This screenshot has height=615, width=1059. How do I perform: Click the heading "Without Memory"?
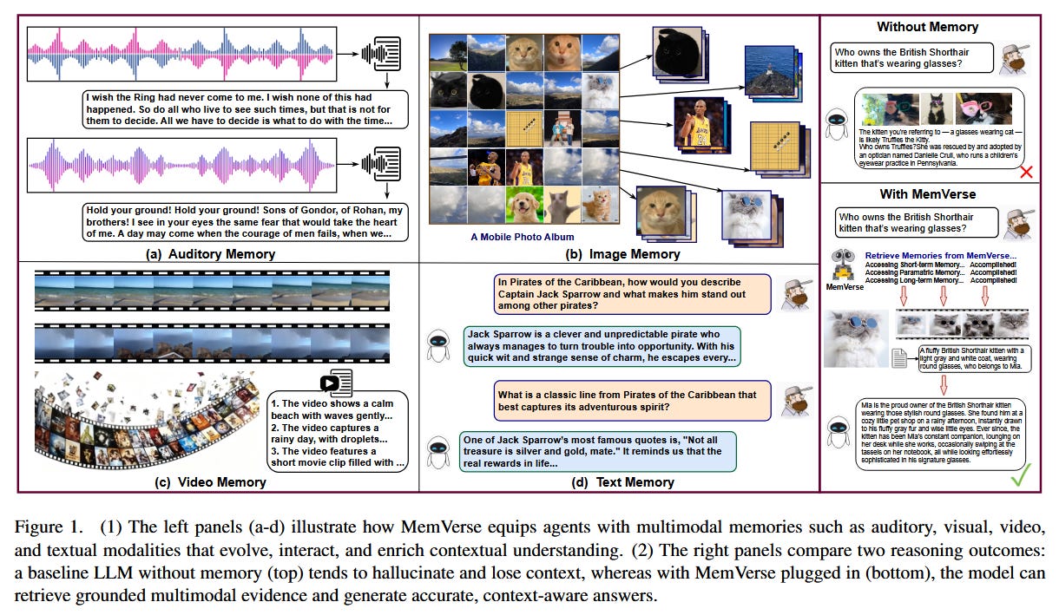[927, 27]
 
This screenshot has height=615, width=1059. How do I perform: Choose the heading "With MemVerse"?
[927, 194]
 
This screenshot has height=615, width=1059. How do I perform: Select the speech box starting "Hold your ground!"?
[245, 221]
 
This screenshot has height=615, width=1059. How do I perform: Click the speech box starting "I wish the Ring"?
[245, 109]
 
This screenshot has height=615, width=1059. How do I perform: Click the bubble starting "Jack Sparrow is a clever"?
[602, 346]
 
